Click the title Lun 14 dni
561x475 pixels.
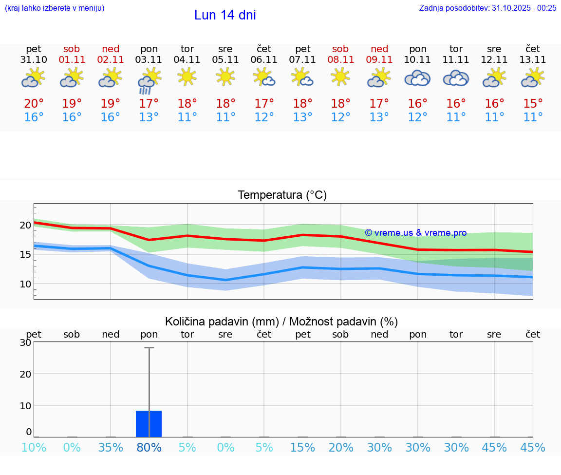[225, 15]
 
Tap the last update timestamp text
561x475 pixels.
[487, 8]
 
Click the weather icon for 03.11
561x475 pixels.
[149, 80]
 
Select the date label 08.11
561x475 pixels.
[340, 60]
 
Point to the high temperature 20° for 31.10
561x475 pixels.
[34, 104]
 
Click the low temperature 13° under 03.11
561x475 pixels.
[149, 117]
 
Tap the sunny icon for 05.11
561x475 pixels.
[225, 76]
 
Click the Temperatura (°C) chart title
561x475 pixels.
[282, 195]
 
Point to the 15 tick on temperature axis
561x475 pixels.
[26, 254]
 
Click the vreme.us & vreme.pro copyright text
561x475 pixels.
[415, 233]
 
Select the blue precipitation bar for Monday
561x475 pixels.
[149, 424]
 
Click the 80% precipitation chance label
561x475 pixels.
[149, 448]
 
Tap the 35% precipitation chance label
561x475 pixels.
[111, 448]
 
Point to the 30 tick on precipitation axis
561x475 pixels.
[26, 342]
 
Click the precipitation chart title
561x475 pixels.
[281, 322]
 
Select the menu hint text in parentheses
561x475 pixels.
[55, 8]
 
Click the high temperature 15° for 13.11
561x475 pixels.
[533, 104]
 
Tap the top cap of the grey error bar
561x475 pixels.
[149, 348]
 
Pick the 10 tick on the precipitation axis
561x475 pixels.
[26, 406]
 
